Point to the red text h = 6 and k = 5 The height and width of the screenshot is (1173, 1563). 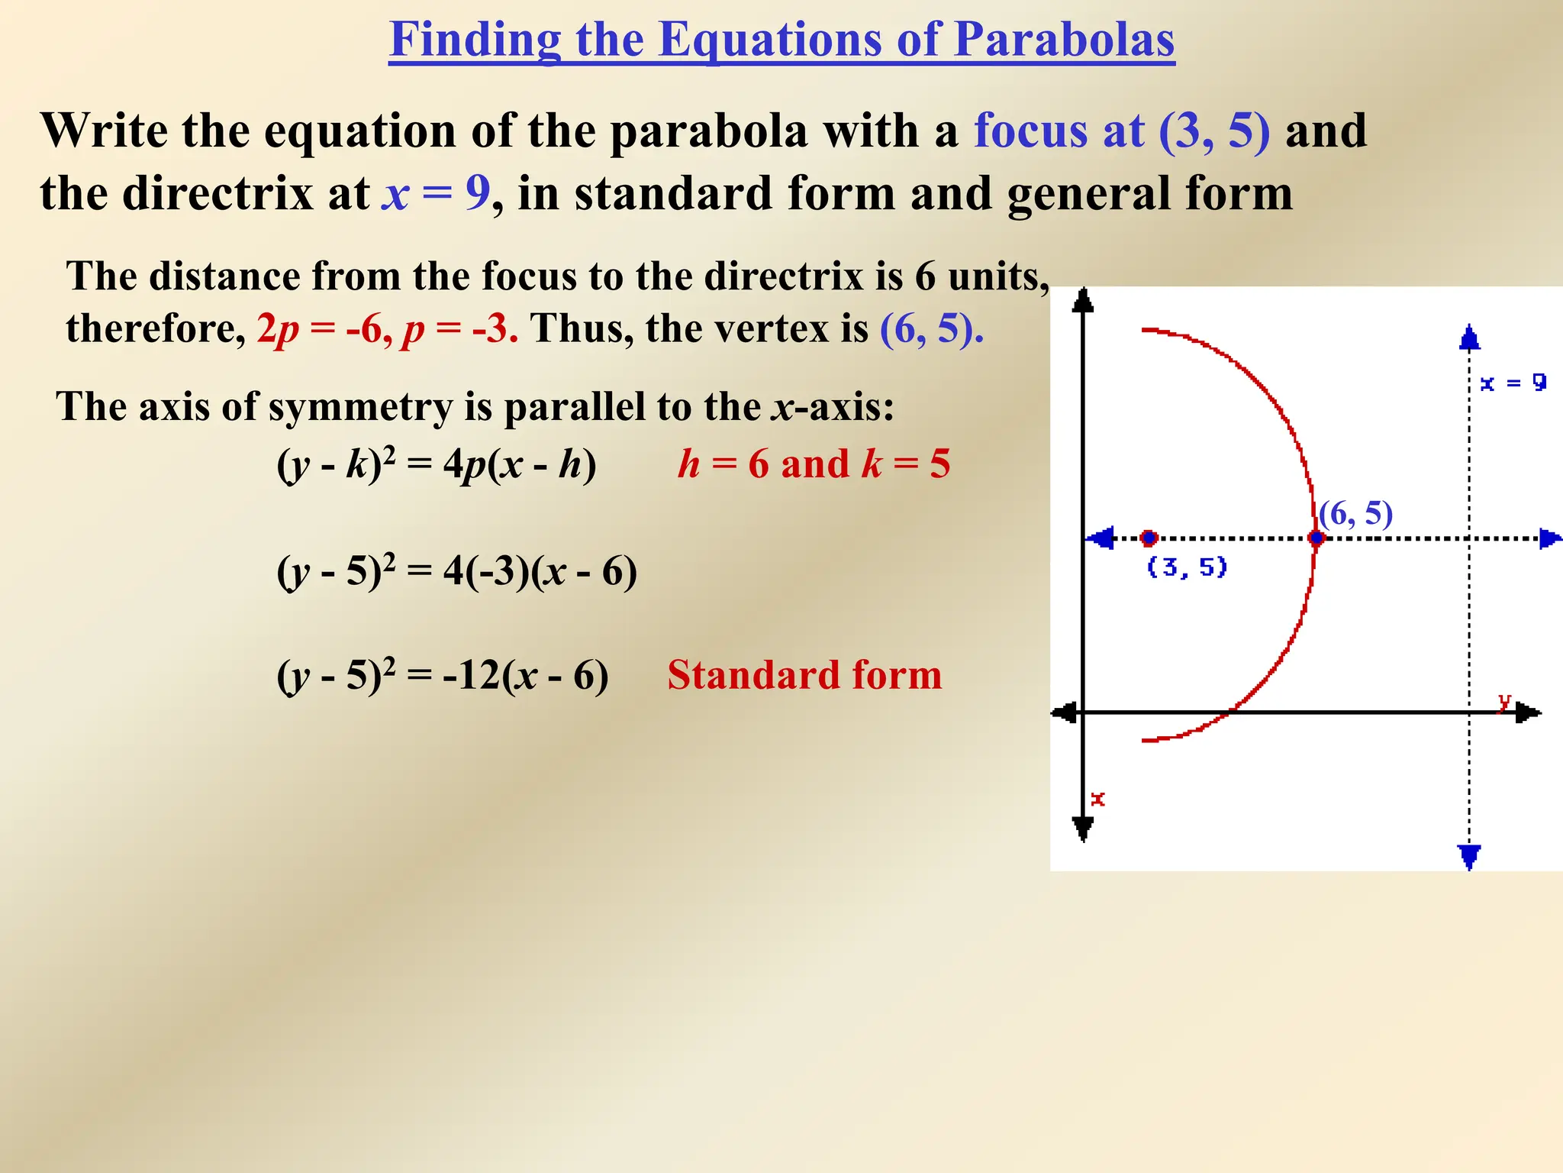point(814,464)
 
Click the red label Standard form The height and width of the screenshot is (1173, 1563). point(804,675)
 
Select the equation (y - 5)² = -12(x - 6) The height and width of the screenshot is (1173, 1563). point(442,676)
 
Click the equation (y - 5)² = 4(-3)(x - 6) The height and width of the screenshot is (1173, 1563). point(456,571)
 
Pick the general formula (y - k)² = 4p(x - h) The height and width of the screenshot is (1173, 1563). point(436,464)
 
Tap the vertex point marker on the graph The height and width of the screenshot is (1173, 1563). point(1316,538)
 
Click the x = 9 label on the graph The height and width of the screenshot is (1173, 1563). point(1513,383)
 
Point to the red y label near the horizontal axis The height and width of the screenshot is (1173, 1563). point(1504,701)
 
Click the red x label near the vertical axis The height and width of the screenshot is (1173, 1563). point(1097,799)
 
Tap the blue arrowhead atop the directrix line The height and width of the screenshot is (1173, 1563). point(1469,338)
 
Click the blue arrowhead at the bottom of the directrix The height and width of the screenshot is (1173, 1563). point(1469,855)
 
